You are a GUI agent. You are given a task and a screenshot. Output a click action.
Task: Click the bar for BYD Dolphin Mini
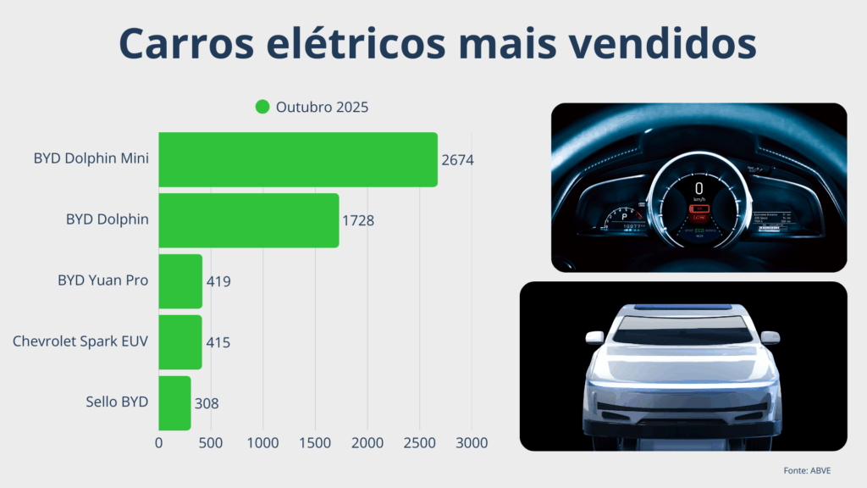coord(298,159)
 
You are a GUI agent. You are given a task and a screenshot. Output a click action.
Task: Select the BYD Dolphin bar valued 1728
coord(249,220)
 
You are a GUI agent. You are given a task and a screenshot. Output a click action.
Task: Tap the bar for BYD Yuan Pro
coord(180,281)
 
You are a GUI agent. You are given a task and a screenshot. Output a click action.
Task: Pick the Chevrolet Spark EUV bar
coord(180,342)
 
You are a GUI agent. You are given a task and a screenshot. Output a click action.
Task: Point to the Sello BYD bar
coord(174,403)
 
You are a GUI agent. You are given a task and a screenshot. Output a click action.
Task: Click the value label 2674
coord(457,160)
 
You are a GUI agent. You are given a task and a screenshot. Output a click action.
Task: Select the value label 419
coord(218,281)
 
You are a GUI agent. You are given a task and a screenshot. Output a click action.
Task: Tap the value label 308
coord(207,403)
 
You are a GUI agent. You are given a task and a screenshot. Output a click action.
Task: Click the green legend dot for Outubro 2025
coord(262,107)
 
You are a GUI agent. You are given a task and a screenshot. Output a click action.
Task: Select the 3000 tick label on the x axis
coord(472,443)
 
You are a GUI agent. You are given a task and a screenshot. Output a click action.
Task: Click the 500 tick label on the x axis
coord(211,443)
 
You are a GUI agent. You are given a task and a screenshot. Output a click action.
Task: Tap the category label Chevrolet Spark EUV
coord(80,341)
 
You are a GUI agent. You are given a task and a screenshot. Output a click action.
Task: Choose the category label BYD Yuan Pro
coord(103,280)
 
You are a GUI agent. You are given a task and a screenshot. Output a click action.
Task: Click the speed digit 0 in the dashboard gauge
coord(699,186)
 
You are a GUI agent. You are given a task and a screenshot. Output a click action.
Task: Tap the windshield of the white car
coord(683,330)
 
